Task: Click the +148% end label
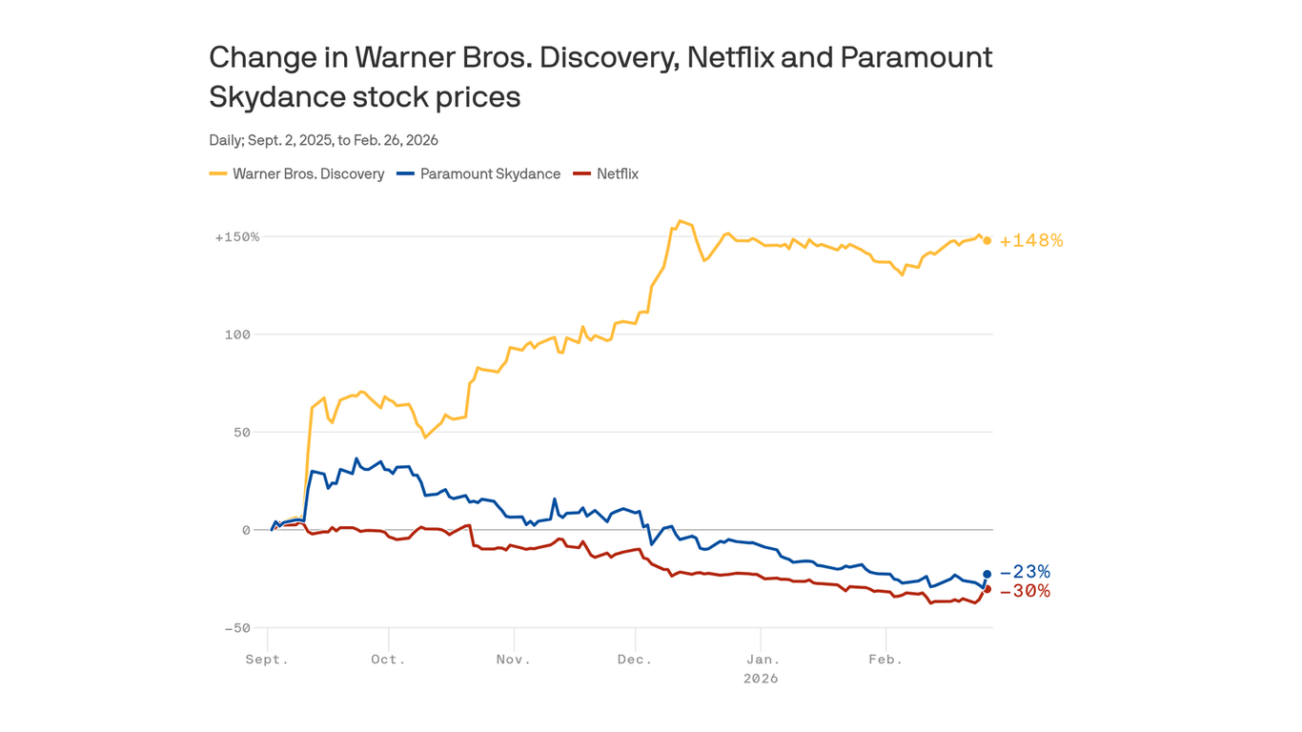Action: coord(1030,241)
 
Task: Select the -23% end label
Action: coord(1025,572)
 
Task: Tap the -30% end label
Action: coord(1025,591)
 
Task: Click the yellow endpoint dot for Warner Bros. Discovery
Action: coord(987,241)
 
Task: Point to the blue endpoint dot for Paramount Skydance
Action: coord(987,574)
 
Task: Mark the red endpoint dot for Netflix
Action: coord(987,589)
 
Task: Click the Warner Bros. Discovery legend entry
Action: coord(297,173)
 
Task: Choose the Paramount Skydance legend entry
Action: coord(479,173)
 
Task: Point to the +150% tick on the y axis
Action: coord(237,236)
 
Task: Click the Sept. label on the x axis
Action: coord(267,660)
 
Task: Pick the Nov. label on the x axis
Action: coord(513,660)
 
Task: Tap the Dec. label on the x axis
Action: coord(635,660)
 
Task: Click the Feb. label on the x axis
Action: coord(885,660)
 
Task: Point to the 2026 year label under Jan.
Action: coord(761,679)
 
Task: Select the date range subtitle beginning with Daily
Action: coord(323,140)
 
